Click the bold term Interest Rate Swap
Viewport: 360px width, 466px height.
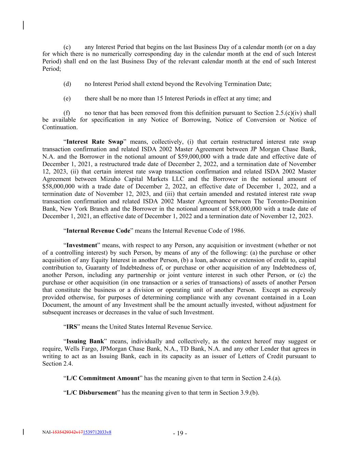[95, 142]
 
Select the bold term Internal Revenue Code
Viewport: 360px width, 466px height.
[98, 231]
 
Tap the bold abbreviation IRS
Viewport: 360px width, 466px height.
[71, 327]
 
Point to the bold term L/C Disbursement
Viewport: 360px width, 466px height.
[91, 393]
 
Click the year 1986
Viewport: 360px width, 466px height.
[237, 231]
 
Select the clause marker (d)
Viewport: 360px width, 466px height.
[67, 84]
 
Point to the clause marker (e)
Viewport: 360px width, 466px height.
[67, 99]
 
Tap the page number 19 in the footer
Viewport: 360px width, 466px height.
[180, 434]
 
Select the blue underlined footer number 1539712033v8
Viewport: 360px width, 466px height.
[97, 432]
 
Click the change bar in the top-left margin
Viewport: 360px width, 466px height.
[23, 25]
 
